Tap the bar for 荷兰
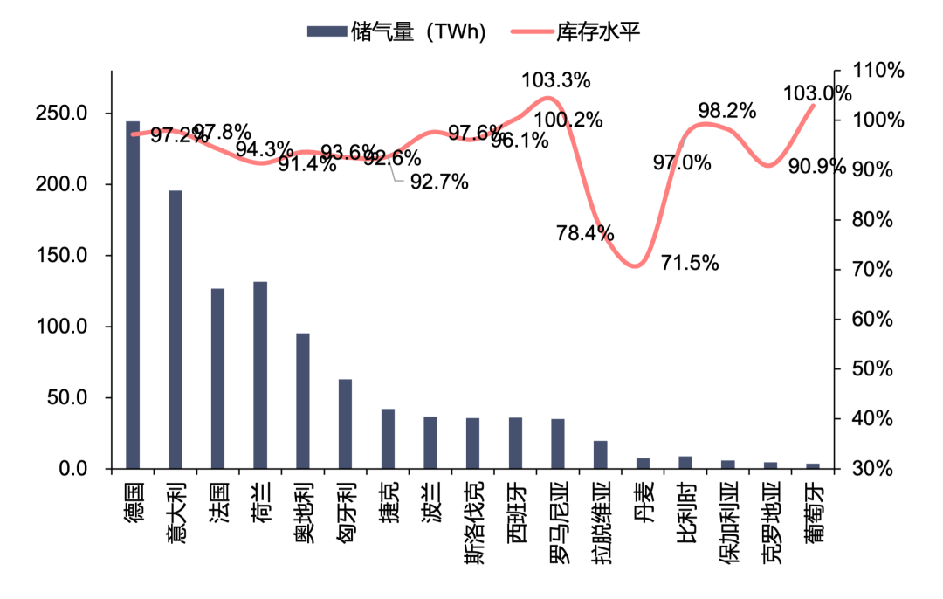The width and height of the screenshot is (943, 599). (x=260, y=375)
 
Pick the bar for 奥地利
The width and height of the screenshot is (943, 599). (x=303, y=401)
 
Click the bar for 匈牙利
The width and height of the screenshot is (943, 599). (x=345, y=423)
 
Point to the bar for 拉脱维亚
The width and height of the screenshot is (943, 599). (x=600, y=455)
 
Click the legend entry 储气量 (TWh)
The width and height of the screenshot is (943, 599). (x=396, y=32)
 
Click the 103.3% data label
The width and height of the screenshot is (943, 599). (x=556, y=80)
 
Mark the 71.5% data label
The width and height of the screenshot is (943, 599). (x=690, y=262)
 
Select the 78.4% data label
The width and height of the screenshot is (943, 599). (x=585, y=233)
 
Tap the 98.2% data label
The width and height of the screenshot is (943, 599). (x=726, y=111)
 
